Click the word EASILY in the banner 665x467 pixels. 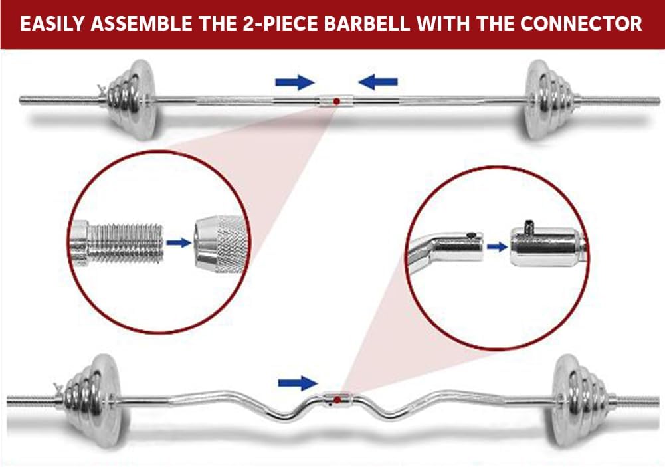click(x=52, y=23)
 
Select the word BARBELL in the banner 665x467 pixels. click(x=367, y=23)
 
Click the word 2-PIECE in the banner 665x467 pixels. click(x=280, y=23)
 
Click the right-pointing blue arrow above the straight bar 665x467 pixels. click(x=295, y=82)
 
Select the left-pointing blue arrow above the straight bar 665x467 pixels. click(x=378, y=82)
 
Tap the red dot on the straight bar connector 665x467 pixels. click(x=336, y=102)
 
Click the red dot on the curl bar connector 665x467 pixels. click(x=337, y=399)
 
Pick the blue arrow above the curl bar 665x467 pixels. click(x=298, y=383)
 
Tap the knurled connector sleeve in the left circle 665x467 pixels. click(x=221, y=243)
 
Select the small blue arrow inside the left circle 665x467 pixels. click(x=179, y=243)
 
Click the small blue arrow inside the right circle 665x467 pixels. click(x=497, y=247)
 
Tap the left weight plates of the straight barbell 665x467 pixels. click(x=130, y=100)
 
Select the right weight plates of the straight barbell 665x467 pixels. click(x=548, y=100)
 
